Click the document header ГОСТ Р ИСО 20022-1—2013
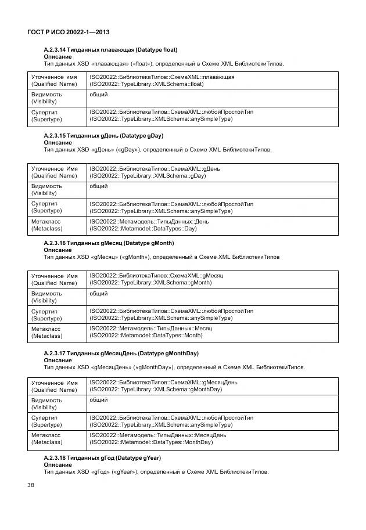(69, 32)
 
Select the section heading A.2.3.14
(110, 49)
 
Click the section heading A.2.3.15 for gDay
(103, 135)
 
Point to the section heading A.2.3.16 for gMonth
(109, 243)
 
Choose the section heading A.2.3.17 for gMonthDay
(121, 353)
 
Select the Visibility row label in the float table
(46, 98)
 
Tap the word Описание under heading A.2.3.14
(58, 57)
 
